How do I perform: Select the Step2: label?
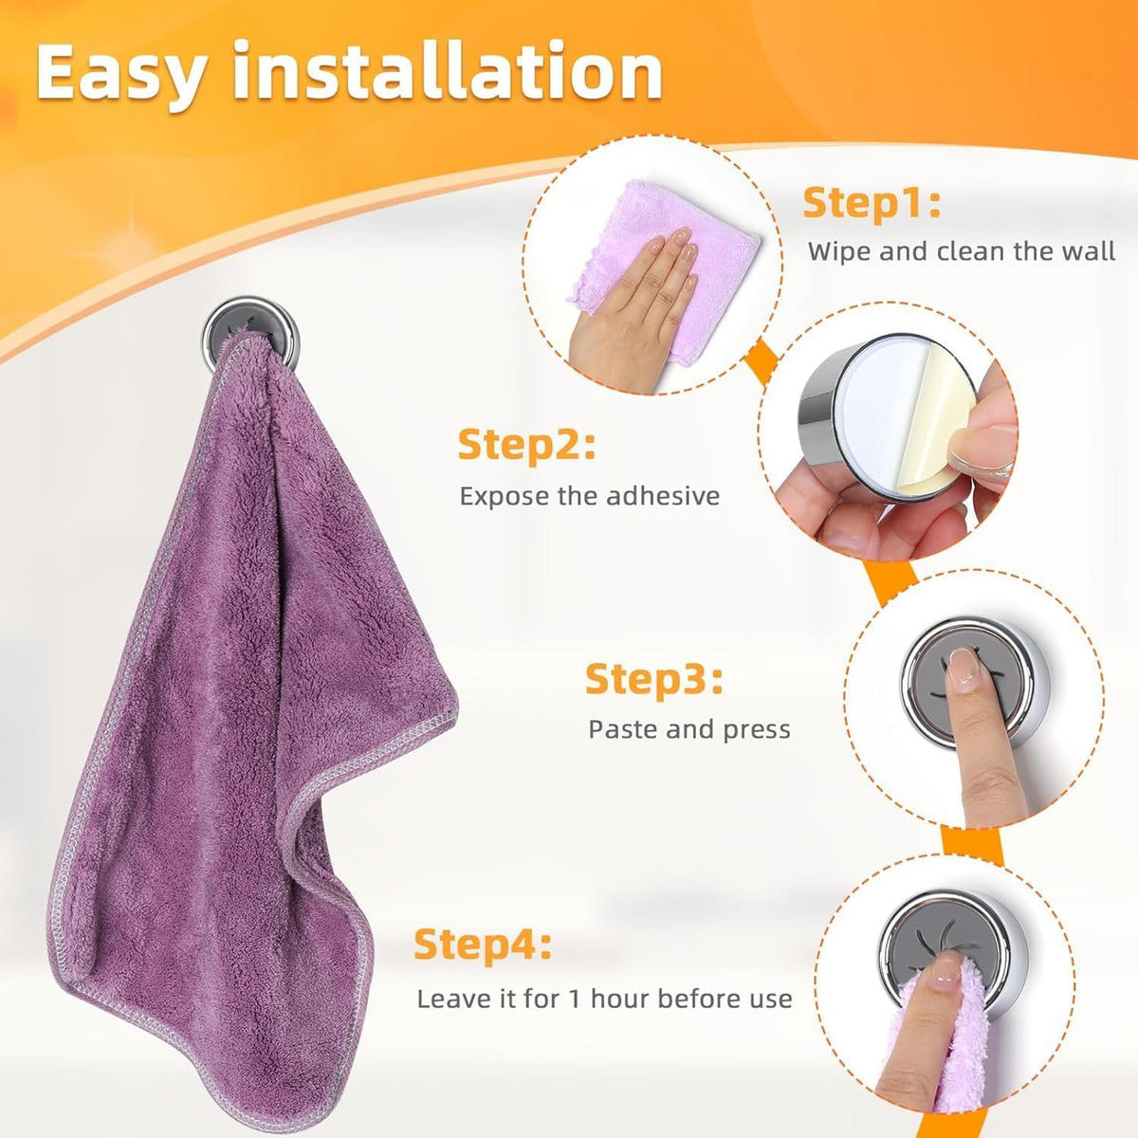[526, 446]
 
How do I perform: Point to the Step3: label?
[653, 680]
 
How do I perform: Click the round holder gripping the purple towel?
[250, 333]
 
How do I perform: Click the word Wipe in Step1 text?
[838, 251]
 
